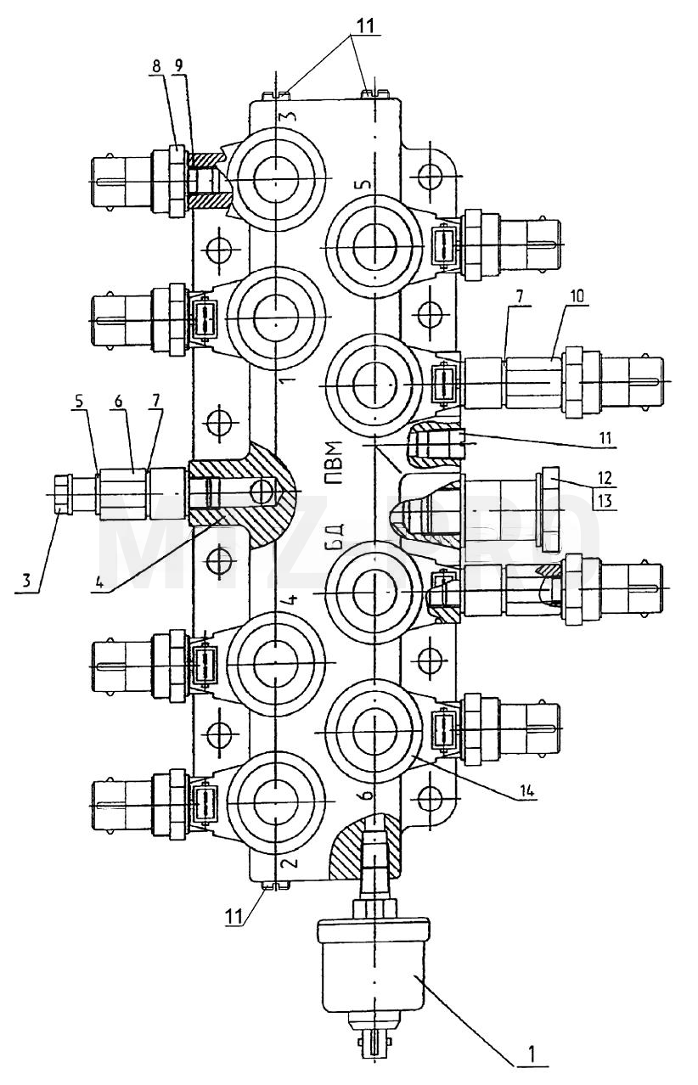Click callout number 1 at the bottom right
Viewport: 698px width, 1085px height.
(532, 1052)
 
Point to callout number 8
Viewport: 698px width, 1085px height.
(156, 67)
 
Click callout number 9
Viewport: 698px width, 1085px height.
(180, 66)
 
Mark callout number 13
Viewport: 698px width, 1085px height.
(605, 499)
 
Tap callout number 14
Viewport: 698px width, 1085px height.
(526, 791)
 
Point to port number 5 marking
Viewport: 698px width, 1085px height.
(365, 183)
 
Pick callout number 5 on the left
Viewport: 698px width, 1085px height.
(79, 402)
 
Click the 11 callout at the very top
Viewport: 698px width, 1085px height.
(365, 25)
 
